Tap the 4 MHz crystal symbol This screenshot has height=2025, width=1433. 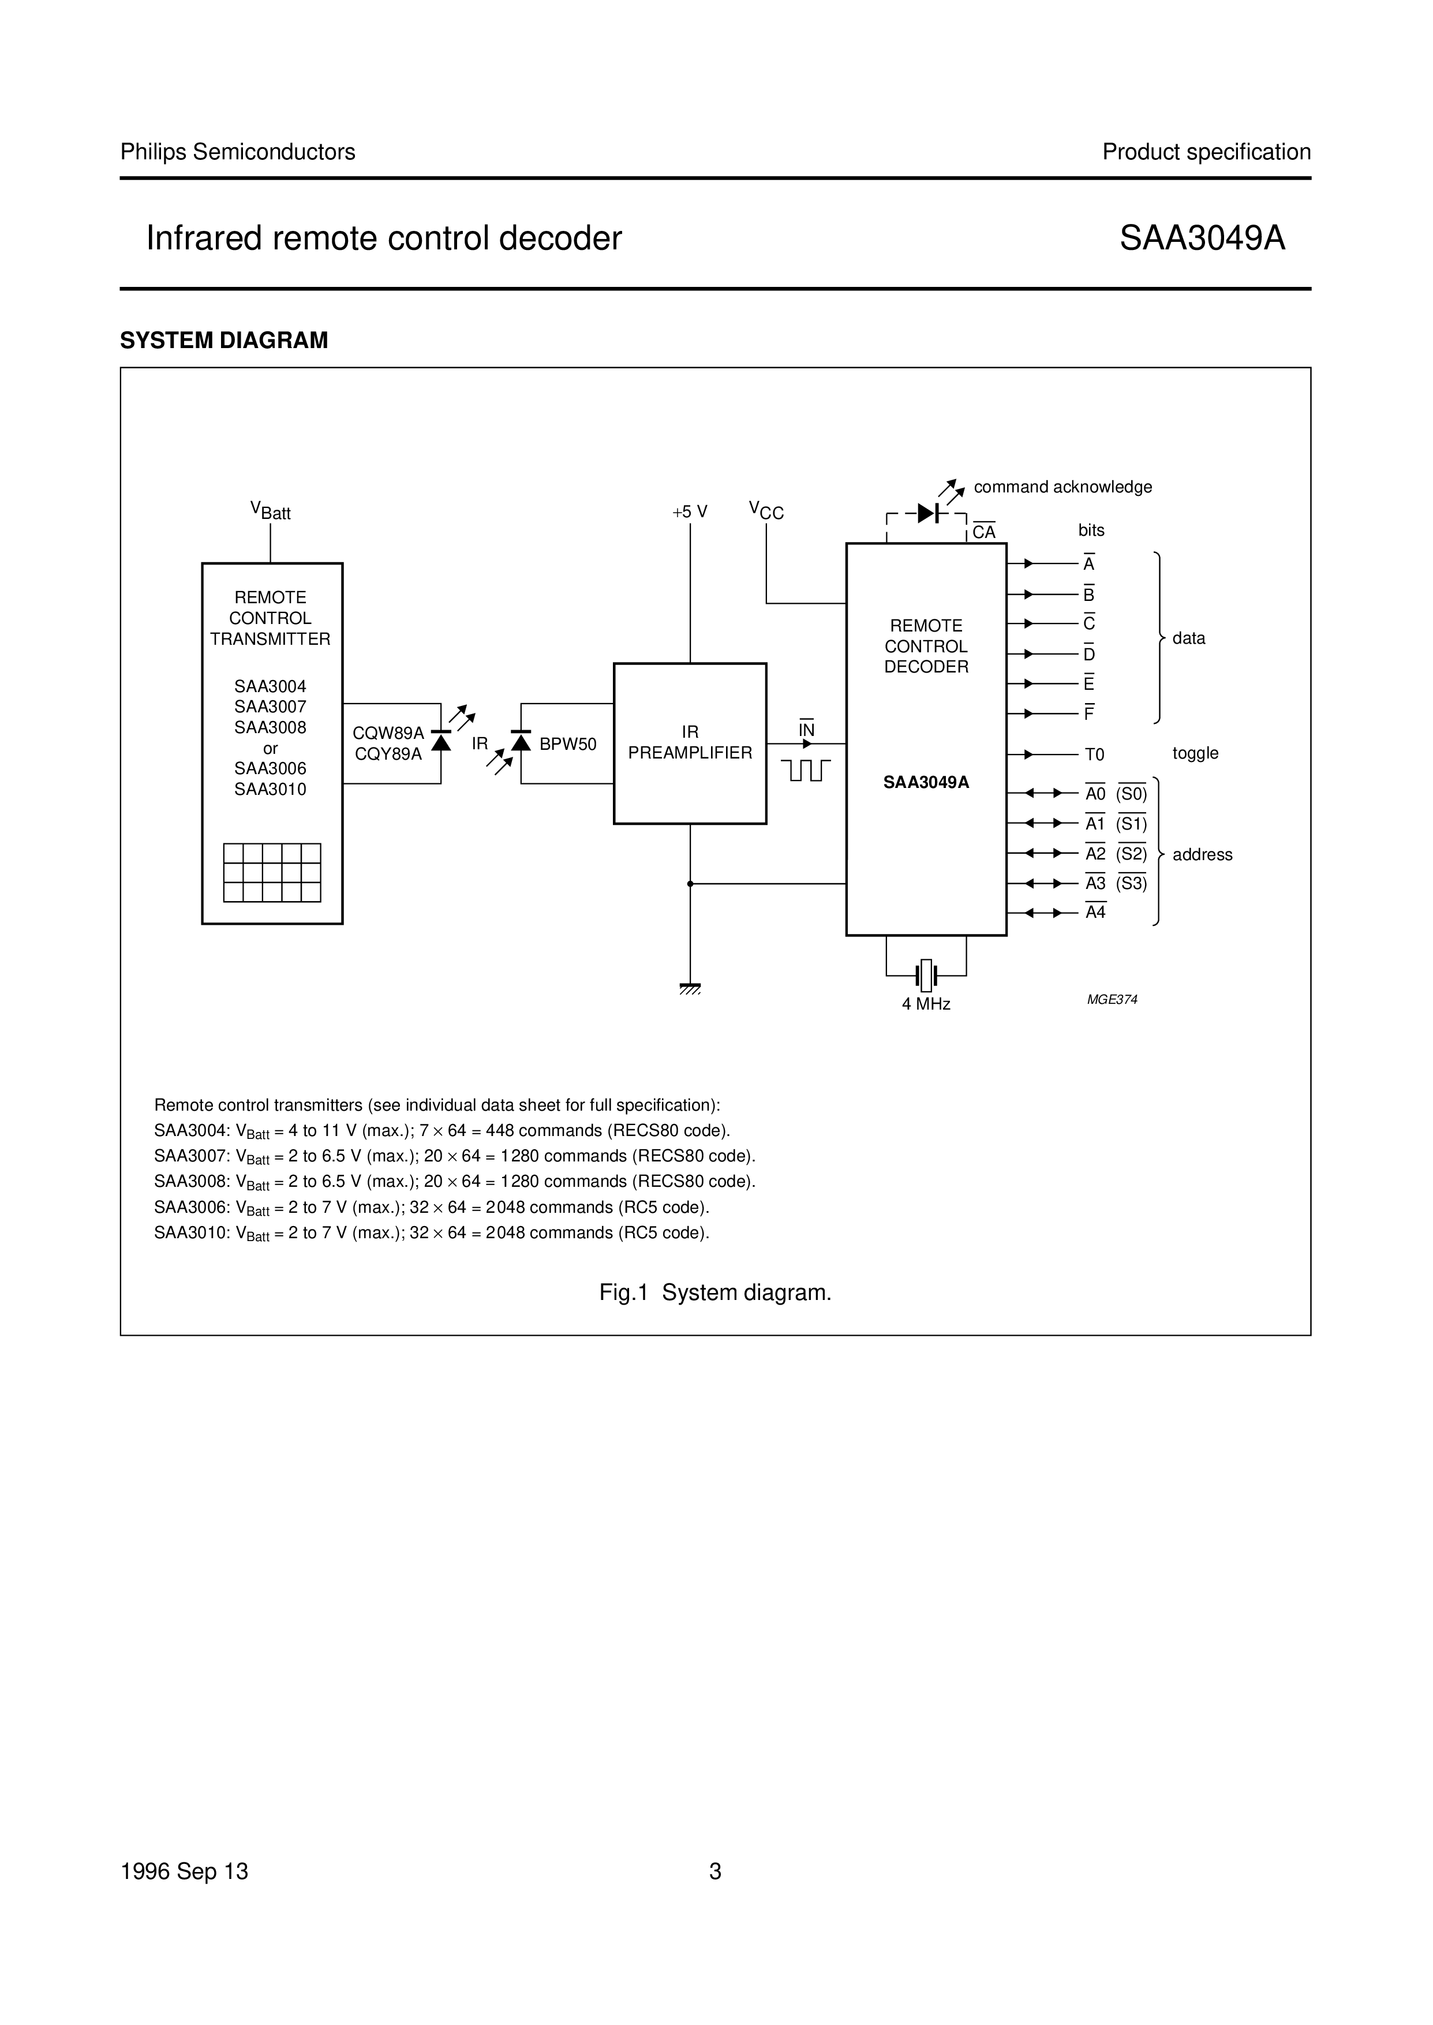926,975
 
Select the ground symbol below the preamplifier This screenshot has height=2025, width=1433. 690,988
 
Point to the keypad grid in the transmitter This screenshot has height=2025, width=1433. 272,873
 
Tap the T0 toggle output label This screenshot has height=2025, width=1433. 1094,754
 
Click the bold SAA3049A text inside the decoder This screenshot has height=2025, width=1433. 926,782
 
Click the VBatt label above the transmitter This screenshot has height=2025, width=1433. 270,511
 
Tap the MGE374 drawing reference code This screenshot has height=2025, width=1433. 1112,1000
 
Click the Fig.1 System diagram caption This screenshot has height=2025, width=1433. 714,1292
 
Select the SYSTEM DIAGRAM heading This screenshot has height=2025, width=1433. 224,341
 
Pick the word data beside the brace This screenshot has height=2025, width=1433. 1188,638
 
